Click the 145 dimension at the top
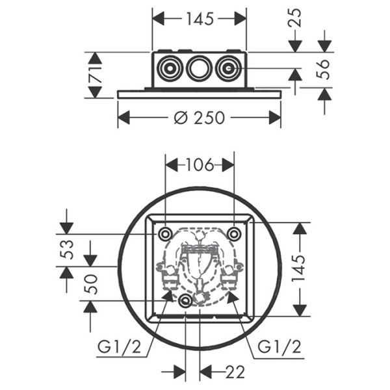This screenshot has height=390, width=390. [199, 19]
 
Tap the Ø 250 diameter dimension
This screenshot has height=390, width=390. [200, 118]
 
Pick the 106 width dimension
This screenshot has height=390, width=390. [200, 165]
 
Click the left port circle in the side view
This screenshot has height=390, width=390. [171, 68]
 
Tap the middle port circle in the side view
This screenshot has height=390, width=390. [198, 68]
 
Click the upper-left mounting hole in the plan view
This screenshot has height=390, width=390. [165, 233]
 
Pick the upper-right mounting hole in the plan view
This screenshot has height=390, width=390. [233, 233]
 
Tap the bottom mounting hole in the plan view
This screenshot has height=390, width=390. [186, 300]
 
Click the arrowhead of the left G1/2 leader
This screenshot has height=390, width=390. [172, 294]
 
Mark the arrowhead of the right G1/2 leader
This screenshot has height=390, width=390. [230, 294]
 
